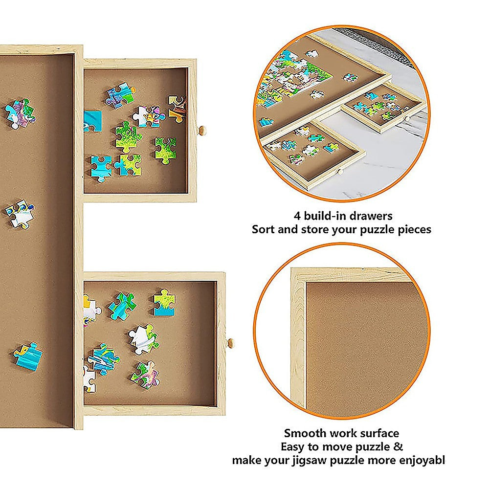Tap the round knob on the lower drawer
click(x=230, y=343)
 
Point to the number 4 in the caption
click(x=297, y=215)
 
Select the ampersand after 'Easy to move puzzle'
click(x=399, y=446)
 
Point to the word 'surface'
click(x=377, y=433)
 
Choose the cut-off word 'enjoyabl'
click(x=422, y=460)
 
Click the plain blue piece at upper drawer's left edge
click(x=92, y=121)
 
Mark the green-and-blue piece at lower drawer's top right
click(x=165, y=302)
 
